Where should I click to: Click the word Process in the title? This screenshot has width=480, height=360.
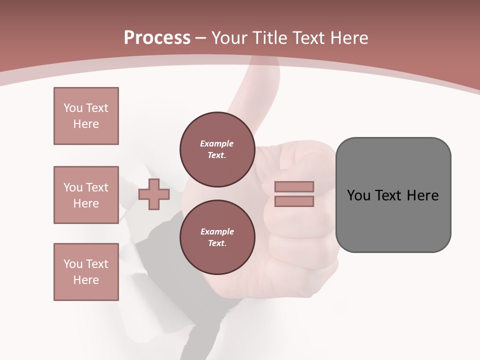coord(157,38)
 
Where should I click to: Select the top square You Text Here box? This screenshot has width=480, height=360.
coord(86,116)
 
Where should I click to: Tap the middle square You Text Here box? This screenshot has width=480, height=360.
coord(86,195)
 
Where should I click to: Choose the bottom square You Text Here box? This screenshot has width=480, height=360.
coord(86,271)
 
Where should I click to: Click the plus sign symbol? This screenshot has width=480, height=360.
coord(154,194)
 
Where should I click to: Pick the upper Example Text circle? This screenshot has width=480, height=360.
coord(217,149)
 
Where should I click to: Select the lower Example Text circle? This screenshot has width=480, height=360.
coord(217,237)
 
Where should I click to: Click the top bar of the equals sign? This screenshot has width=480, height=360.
coord(294,186)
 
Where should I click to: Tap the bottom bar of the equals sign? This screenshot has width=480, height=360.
coord(294,201)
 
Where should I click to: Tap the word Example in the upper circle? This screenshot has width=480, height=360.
coord(217,144)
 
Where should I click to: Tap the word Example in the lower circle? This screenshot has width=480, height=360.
coord(217,232)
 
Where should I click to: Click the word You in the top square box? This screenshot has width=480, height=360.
coord(72,108)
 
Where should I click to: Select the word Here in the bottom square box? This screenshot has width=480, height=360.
coord(86,280)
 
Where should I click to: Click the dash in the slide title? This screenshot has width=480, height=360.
coord(201,38)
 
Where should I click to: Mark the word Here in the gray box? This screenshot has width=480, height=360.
coord(422,195)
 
